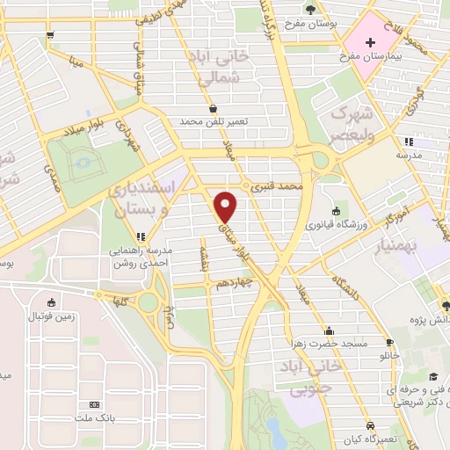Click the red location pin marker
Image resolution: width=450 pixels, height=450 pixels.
point(228,207)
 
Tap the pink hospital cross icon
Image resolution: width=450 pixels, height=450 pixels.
point(370,41)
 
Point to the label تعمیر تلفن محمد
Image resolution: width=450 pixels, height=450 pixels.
point(214,121)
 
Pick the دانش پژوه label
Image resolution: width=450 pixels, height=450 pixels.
point(421,322)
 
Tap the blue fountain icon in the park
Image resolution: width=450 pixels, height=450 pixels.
point(84,162)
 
